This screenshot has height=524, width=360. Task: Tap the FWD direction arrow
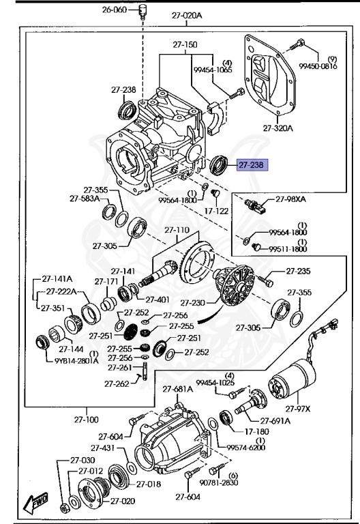coord(35,502)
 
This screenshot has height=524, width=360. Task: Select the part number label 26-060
coord(115,10)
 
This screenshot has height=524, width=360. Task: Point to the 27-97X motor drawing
coord(292,380)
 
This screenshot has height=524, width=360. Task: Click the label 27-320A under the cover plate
coord(278,128)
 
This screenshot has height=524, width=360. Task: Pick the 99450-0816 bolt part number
coord(318,66)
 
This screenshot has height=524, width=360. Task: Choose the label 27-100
coord(86,420)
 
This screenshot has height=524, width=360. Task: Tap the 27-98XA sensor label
coord(290,199)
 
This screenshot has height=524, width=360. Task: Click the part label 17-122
coord(216,211)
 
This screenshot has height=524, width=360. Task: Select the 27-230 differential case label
coord(193,303)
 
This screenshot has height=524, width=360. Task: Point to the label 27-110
coord(177,230)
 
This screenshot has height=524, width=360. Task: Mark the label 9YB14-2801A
coord(76,361)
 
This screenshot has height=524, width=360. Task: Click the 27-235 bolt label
coord(298,271)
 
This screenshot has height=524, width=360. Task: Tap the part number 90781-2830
coord(219,482)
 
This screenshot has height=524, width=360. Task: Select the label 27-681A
coord(178,389)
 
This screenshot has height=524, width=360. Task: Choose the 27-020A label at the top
coord(187,15)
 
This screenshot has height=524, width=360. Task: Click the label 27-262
coord(117,383)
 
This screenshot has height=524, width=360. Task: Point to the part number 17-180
coord(257,431)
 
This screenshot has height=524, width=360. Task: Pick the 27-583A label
coord(85,199)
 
